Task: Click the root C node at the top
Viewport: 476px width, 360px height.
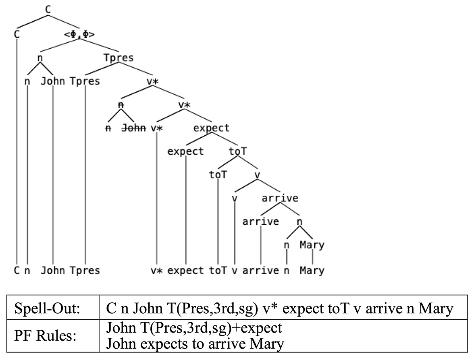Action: [x=48, y=10]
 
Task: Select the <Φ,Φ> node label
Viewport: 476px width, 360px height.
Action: [x=79, y=34]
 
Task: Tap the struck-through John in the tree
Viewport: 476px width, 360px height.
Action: [x=133, y=128]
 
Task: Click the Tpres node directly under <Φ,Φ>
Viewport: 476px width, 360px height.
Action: [x=118, y=58]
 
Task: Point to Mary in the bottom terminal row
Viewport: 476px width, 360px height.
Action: [x=312, y=271]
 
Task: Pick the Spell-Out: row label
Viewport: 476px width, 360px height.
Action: [x=47, y=308]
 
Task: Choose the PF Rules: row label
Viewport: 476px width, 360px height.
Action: [x=45, y=336]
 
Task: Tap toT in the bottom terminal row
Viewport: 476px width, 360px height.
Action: [x=218, y=271]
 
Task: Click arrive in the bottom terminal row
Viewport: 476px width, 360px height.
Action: [x=260, y=271]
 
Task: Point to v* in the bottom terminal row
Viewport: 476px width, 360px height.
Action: [x=157, y=271]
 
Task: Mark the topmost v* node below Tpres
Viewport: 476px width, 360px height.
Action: [x=152, y=82]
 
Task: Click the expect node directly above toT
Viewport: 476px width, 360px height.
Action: [x=211, y=128]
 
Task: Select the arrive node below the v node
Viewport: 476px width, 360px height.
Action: [x=280, y=199]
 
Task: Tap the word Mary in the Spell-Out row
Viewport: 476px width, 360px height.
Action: [x=436, y=309]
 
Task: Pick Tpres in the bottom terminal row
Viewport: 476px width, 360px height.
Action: [x=85, y=271]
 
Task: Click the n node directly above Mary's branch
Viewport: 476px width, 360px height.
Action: [x=299, y=222]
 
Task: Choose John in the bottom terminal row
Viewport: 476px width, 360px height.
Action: [x=53, y=271]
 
